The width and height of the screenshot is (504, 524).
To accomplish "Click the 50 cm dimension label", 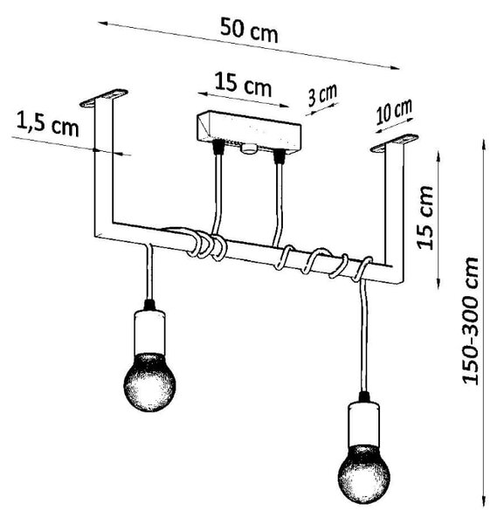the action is point(249,31).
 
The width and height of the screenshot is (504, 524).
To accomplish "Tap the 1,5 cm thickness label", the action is point(47,125).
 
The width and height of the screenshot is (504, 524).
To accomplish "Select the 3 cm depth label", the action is point(322,95).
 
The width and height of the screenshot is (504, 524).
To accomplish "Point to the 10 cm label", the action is point(394,112).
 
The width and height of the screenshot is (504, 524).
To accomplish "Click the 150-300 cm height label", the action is point(471,321).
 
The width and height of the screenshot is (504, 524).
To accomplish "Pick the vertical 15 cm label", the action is point(425,217).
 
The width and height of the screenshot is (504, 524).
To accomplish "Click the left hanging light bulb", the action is point(149,382).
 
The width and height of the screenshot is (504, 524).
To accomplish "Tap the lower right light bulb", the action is point(364,474).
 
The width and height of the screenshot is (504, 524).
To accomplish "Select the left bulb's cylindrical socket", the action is point(149,332).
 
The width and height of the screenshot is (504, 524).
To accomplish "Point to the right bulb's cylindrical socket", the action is point(363,424).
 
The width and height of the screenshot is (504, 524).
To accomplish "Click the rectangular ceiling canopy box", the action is point(249,131).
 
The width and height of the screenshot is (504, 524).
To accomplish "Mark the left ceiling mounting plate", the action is point(104,98).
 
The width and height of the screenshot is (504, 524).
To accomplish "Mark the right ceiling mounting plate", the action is point(394,143).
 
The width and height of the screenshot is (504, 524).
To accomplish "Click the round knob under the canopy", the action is point(248,148).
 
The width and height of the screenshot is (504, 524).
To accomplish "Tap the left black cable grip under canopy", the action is point(218,147).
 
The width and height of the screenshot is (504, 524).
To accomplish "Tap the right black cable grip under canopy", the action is point(279,156).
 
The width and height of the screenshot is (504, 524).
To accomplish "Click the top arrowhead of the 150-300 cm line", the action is point(483,143).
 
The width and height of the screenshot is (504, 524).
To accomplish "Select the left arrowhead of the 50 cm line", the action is point(103,24).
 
